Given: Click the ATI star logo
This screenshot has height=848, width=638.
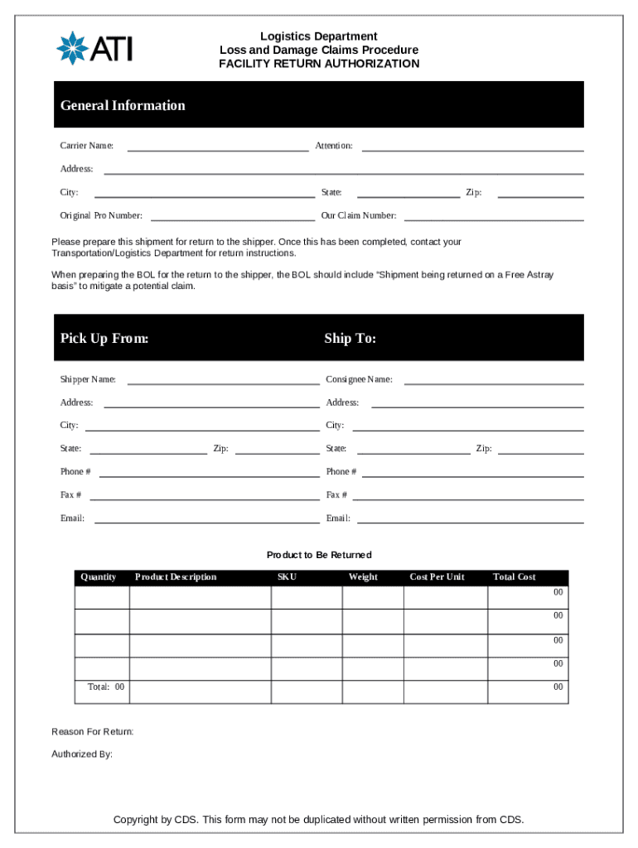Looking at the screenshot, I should [x=72, y=47].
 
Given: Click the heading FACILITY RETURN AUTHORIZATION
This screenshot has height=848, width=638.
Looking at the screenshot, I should [x=319, y=64].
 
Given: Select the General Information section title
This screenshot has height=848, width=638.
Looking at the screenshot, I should [x=123, y=105].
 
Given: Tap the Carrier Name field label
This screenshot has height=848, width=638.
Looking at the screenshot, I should [x=87, y=146].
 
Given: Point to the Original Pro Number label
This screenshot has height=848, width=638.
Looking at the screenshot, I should [x=101, y=215].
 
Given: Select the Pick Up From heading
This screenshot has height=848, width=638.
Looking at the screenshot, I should [x=104, y=339].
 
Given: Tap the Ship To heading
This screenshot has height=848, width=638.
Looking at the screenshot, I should [x=350, y=339].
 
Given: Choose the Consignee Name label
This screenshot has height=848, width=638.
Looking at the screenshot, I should [x=360, y=379].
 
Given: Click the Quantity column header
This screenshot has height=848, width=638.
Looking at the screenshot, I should [x=98, y=577].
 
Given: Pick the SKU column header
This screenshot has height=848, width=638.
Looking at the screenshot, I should [x=287, y=577].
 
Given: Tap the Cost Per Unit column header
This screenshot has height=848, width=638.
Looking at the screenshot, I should [x=437, y=577].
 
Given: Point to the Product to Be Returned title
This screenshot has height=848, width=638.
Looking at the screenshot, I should [x=319, y=555].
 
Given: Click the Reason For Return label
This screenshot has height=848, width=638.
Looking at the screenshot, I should [x=93, y=732].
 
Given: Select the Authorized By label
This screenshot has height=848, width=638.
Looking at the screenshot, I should [x=82, y=754].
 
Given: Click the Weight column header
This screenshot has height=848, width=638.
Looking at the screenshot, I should [x=363, y=577].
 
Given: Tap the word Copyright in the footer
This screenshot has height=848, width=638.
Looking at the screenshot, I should [x=136, y=820].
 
